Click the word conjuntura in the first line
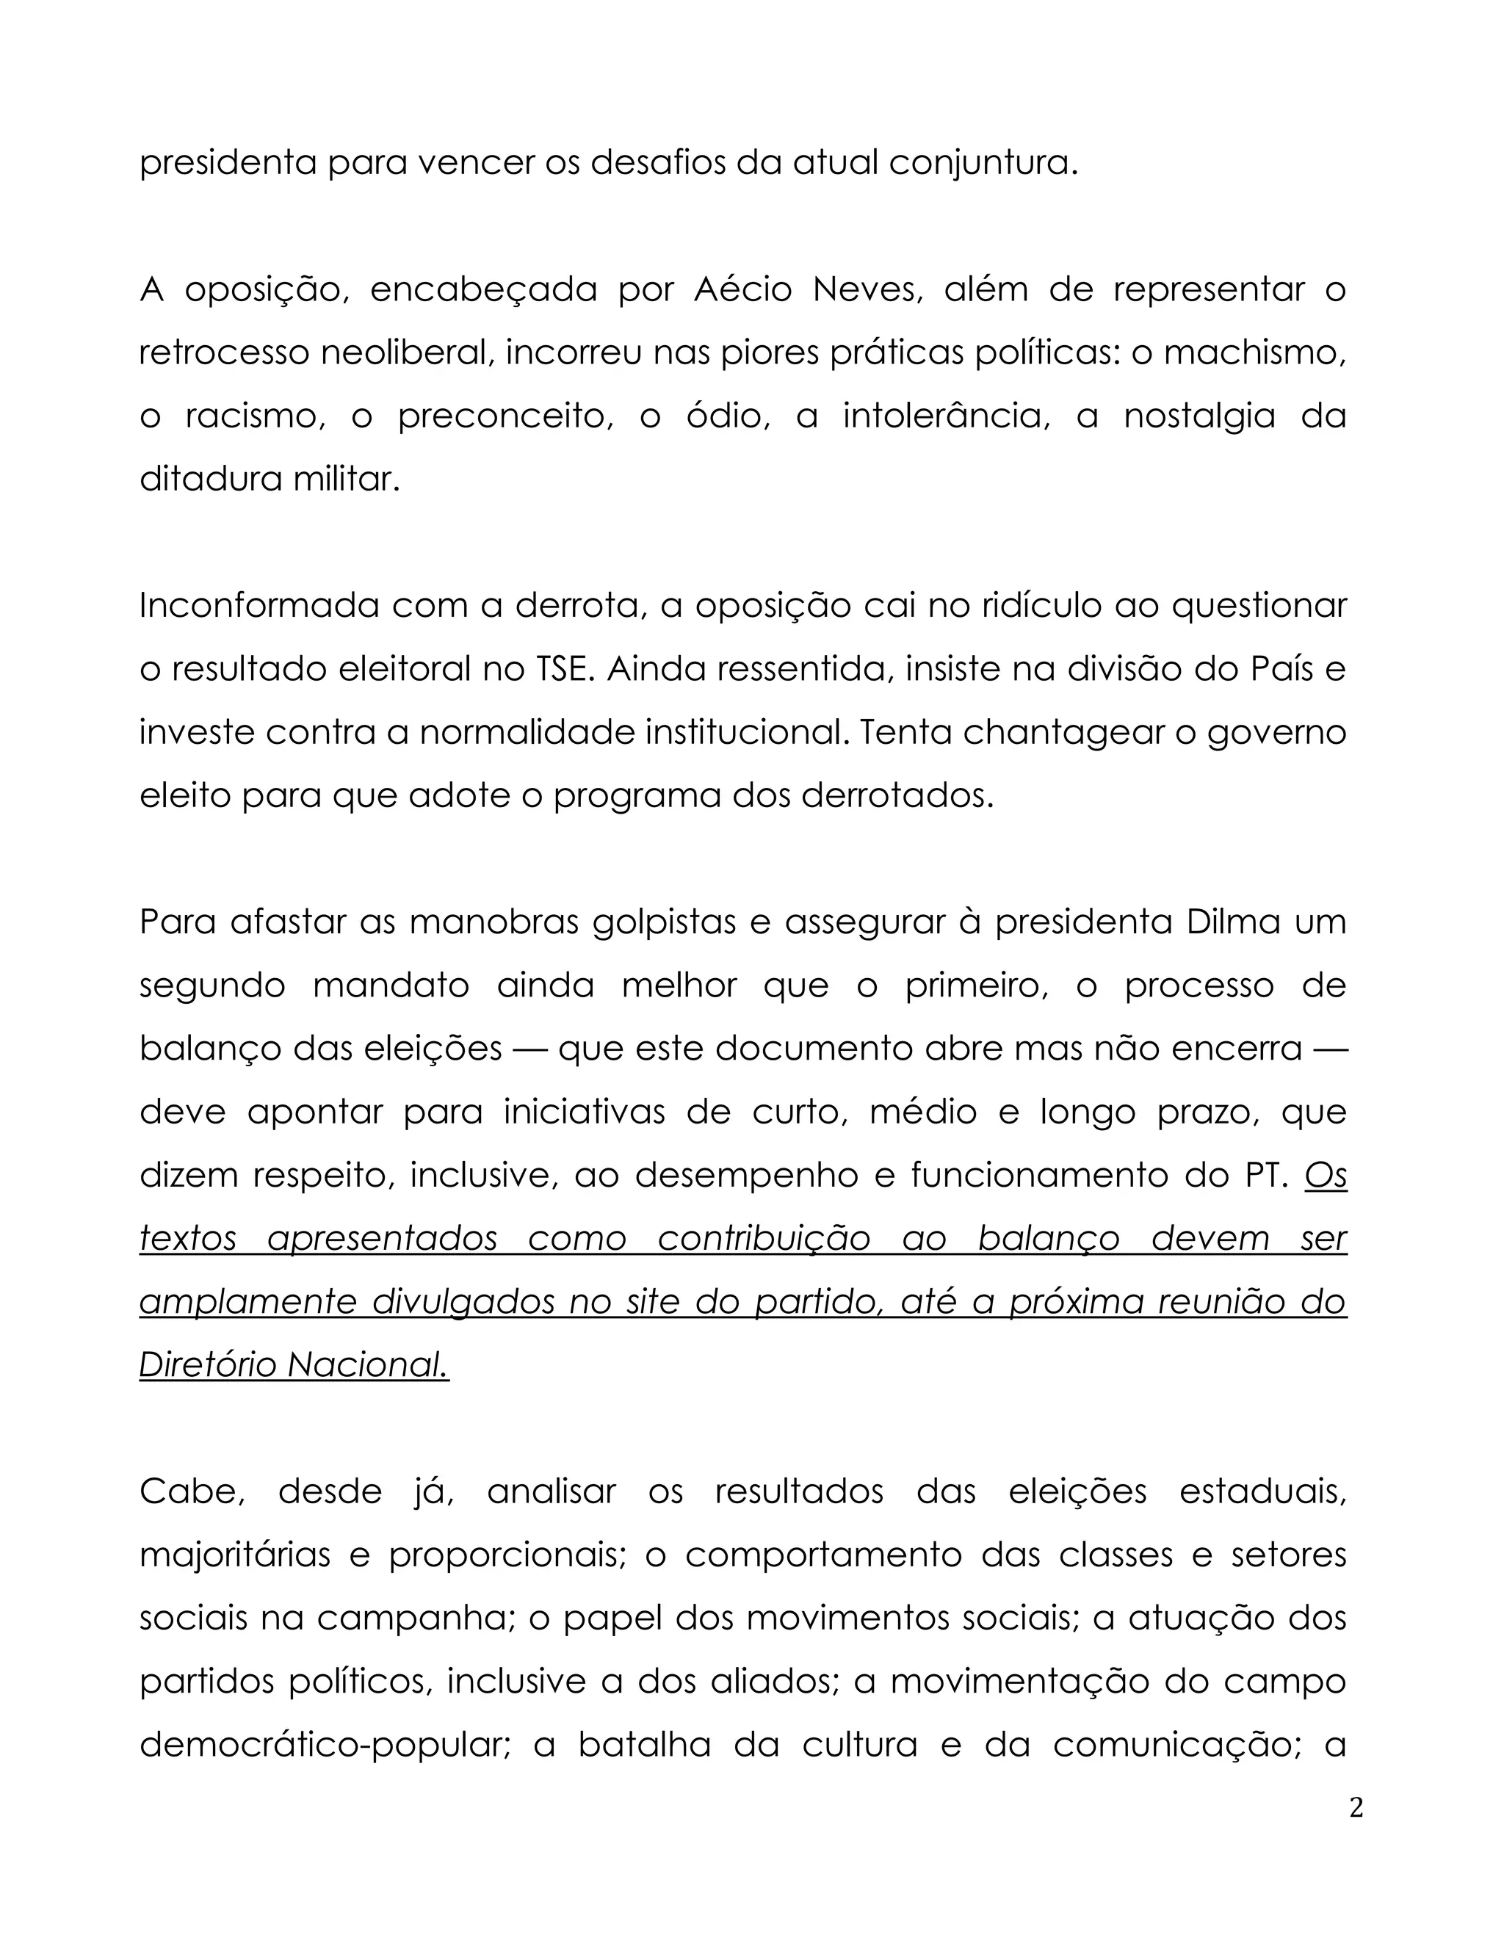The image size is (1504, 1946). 983,164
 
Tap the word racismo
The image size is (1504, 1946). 256,417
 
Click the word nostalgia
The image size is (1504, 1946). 1199,417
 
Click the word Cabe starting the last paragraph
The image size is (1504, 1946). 192,1491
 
